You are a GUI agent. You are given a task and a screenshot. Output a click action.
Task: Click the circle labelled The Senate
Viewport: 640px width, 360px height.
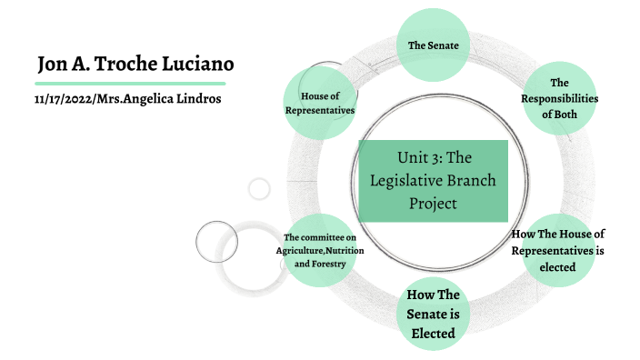(x=433, y=44)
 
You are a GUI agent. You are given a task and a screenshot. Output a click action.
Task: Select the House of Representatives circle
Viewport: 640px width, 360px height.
(x=319, y=103)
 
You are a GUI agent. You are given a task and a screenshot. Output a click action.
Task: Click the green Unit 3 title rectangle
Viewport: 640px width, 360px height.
(x=433, y=181)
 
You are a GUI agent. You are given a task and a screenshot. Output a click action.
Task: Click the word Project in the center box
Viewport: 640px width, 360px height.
(x=433, y=202)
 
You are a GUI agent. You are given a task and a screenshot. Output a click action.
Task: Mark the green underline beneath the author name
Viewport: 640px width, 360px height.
(x=125, y=83)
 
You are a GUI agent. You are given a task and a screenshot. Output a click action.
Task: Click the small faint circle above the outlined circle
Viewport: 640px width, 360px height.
(x=259, y=189)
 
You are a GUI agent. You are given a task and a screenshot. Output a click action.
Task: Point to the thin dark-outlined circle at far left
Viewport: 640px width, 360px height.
(x=216, y=242)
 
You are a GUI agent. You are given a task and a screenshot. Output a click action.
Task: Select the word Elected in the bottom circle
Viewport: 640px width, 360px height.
(x=433, y=332)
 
